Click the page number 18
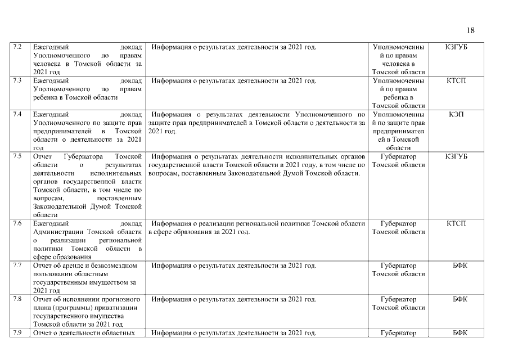[470, 30]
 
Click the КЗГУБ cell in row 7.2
[456, 47]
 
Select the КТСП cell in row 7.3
[456, 80]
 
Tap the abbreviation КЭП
[456, 115]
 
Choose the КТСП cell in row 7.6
[456, 224]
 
